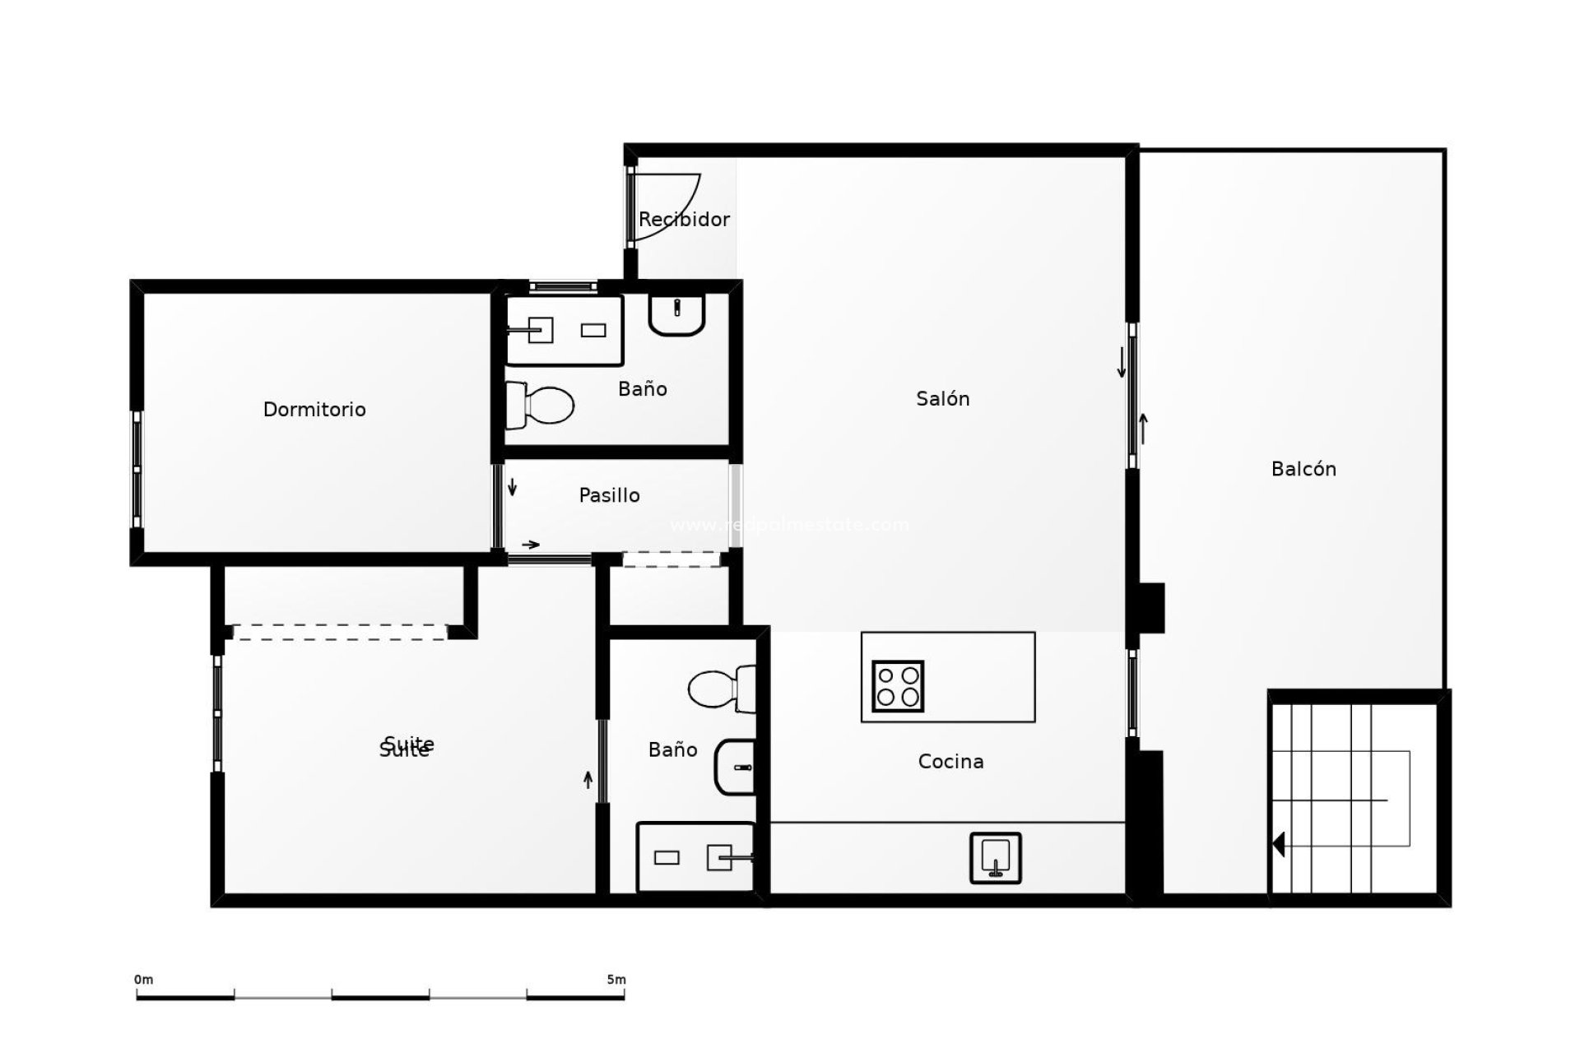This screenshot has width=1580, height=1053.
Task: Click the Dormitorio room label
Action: pos(314,409)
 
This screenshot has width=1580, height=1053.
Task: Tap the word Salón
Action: pos(943,398)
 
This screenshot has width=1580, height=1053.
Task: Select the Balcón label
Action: pos(1303,469)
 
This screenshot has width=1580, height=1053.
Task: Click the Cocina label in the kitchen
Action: pos(950,761)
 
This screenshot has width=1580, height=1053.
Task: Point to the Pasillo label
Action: pos(609,495)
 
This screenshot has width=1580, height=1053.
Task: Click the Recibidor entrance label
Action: pos(684,219)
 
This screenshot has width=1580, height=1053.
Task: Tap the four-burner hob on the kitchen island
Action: pos(898,686)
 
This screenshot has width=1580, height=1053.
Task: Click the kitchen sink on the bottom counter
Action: pos(995,858)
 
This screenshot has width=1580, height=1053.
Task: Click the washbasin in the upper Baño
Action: pos(676,314)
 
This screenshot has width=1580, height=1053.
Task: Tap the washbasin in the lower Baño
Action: pos(736,767)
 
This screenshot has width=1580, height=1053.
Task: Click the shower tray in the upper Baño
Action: pos(565,331)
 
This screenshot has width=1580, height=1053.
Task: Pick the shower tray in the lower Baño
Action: pos(695,857)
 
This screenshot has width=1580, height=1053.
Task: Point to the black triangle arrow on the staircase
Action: pos(1278,844)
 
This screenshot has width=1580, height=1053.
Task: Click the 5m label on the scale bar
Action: pos(616,980)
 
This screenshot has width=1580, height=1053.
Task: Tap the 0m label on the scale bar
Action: pos(143,980)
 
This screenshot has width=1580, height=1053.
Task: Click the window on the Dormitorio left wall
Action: pos(137,469)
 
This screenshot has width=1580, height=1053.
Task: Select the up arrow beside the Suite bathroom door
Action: pos(588,779)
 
